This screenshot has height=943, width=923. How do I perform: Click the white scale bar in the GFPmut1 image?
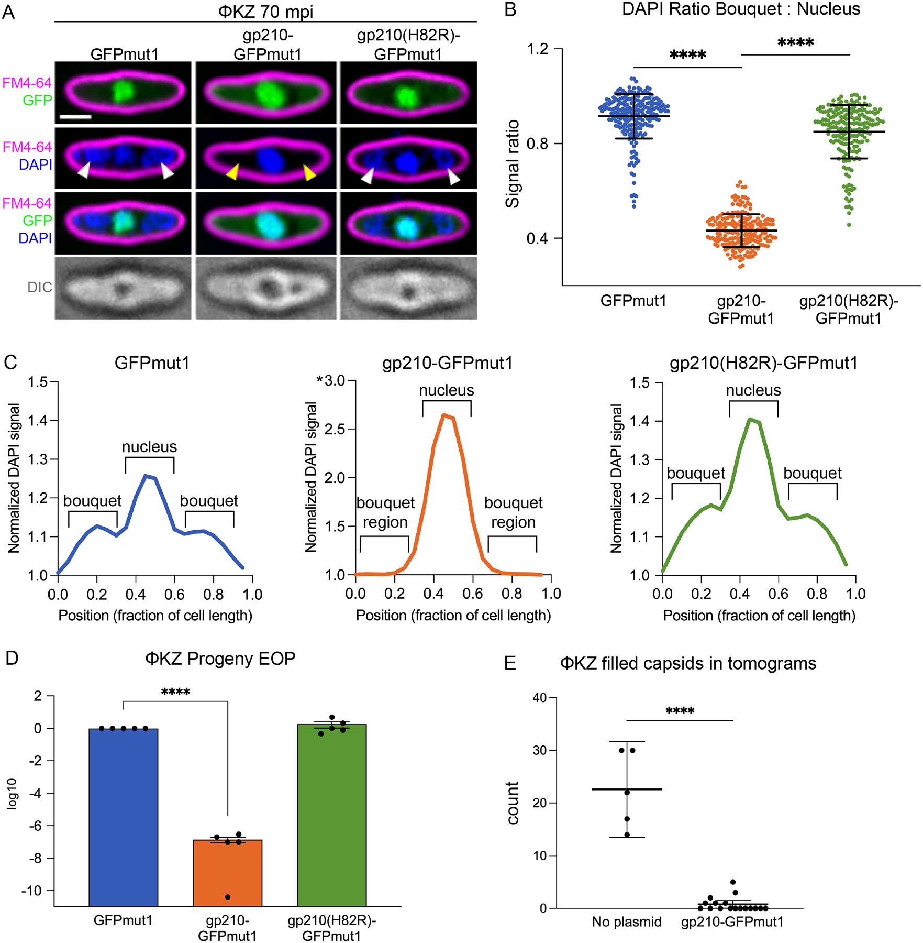click(76, 117)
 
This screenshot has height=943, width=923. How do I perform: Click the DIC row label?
click(40, 287)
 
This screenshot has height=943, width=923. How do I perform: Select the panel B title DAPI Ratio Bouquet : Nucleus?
click(741, 9)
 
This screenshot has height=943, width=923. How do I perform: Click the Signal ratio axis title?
click(512, 164)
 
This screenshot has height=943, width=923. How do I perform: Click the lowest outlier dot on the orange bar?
click(228, 897)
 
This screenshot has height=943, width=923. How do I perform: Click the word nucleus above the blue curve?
click(149, 447)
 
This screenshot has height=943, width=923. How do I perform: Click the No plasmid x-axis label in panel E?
click(627, 922)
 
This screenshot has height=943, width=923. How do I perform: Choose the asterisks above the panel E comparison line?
click(680, 711)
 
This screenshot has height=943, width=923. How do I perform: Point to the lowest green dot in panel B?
click(849, 225)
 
